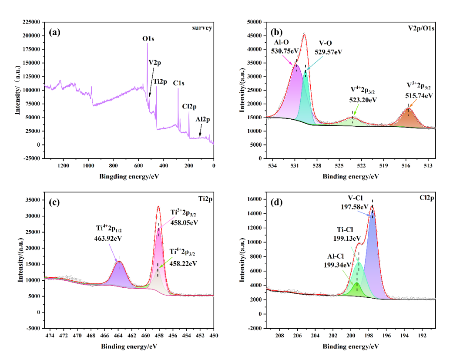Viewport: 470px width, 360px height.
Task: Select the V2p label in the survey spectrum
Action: [154, 63]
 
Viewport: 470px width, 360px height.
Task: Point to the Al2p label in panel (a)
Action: [202, 118]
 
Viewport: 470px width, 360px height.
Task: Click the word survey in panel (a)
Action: [202, 28]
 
